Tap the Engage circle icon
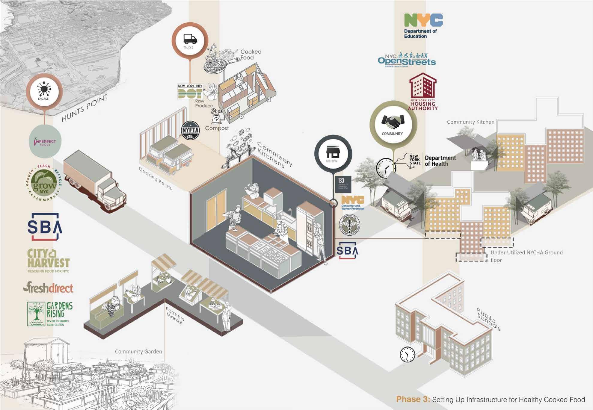click(x=44, y=91)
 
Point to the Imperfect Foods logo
click(x=45, y=142)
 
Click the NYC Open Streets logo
click(x=407, y=60)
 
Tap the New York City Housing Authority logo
click(x=423, y=92)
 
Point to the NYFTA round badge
click(x=190, y=130)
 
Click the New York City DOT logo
click(x=190, y=91)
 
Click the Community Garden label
click(x=138, y=351)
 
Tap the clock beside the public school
click(x=408, y=355)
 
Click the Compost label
click(x=217, y=128)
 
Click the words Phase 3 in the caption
click(x=413, y=399)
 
